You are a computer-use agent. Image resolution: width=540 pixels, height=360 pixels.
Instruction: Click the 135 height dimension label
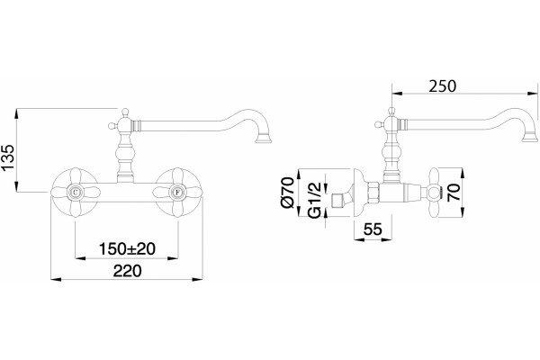(8, 157)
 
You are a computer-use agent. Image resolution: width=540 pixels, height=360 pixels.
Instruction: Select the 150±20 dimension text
(127, 248)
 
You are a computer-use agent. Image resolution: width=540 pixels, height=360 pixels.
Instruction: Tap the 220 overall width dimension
(127, 271)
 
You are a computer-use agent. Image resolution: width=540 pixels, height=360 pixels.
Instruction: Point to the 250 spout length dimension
(443, 86)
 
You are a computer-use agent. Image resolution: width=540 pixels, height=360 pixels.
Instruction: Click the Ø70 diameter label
(288, 193)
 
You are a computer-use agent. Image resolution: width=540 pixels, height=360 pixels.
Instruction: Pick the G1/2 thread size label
(315, 200)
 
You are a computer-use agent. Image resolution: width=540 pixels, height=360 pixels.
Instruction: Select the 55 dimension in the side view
(373, 229)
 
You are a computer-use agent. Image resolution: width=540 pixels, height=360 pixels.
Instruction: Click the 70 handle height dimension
(454, 193)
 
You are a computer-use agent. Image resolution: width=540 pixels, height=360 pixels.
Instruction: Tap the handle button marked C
(75, 192)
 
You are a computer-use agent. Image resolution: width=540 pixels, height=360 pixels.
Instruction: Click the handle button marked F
(177, 192)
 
